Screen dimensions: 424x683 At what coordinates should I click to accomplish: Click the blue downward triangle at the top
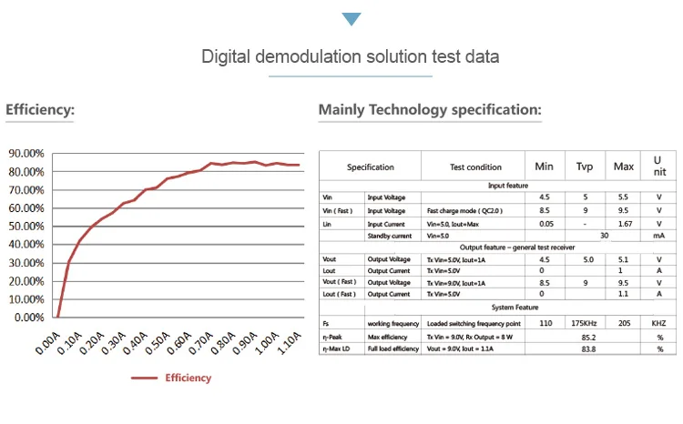pyautogui.click(x=351, y=19)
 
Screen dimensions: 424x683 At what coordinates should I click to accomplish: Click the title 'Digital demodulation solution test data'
pyautogui.click(x=350, y=57)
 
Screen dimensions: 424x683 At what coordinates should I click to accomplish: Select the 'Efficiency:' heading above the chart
pyautogui.click(x=40, y=111)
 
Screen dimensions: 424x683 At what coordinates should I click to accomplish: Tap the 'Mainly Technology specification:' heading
pyautogui.click(x=430, y=111)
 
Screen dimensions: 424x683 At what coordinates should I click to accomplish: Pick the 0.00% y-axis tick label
pyautogui.click(x=28, y=318)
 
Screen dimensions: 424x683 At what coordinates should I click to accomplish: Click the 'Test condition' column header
pyautogui.click(x=475, y=167)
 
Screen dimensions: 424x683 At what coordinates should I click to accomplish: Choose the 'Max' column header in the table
pyautogui.click(x=624, y=167)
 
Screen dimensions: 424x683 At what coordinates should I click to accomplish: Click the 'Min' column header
pyautogui.click(x=544, y=167)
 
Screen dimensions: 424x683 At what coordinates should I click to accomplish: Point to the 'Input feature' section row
pyautogui.click(x=508, y=185)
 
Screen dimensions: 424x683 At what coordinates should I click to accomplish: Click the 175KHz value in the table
pyautogui.click(x=584, y=323)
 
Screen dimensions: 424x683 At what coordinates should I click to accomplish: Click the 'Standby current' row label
pyautogui.click(x=392, y=235)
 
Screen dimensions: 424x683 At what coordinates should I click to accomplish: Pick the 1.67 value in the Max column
pyautogui.click(x=624, y=222)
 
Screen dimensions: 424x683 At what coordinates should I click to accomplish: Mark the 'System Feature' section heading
pyautogui.click(x=515, y=308)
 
